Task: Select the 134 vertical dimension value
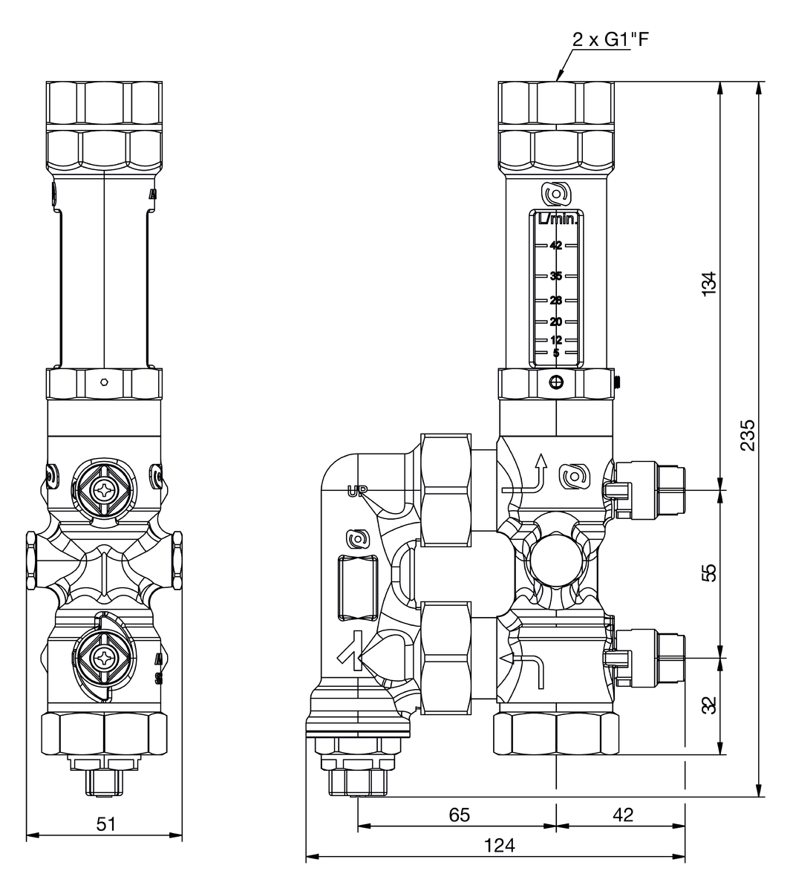(709, 284)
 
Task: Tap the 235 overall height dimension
(749, 434)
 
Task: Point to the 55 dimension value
(709, 573)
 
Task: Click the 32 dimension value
(709, 705)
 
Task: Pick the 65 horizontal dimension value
(460, 815)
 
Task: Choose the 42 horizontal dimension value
(624, 815)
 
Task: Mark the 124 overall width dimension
(499, 845)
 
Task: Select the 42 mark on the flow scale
(556, 246)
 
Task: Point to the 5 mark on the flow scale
(556, 353)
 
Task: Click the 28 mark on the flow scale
(556, 301)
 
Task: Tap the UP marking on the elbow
(357, 490)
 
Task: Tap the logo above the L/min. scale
(556, 195)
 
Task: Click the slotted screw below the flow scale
(556, 383)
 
